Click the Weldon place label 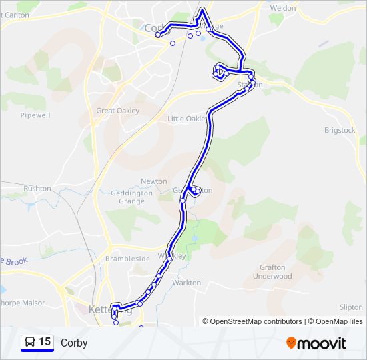(282, 8)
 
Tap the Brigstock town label (340, 130)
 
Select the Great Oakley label (118, 111)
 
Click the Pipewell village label (35, 115)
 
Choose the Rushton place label (37, 189)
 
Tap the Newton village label (154, 181)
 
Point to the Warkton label (186, 283)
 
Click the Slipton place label (351, 307)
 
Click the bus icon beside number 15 (30, 343)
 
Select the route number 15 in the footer (45, 343)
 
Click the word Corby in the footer (74, 343)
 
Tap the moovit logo (316, 343)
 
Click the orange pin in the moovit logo (292, 343)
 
